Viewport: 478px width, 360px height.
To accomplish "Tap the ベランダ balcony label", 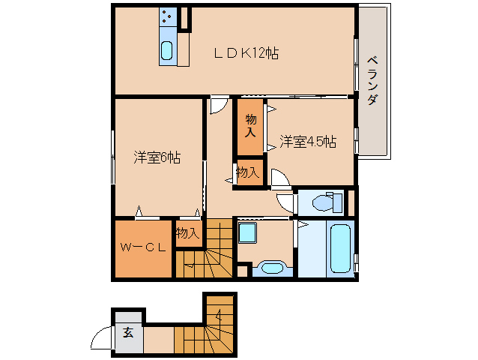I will [372, 80].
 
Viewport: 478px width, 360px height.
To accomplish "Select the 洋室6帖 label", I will [157, 157].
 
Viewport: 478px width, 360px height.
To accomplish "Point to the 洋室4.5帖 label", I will [308, 142].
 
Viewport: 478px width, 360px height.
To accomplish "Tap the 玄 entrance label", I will [128, 332].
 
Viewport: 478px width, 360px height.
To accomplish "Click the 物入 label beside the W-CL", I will [188, 233].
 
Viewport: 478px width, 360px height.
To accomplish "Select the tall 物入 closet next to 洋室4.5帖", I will [251, 127].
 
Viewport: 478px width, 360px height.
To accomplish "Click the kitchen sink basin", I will [167, 51].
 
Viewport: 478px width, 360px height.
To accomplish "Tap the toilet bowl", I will [324, 202].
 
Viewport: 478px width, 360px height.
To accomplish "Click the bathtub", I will [340, 248].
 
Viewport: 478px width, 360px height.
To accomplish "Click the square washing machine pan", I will [246, 233].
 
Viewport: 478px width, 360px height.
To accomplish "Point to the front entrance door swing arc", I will [100, 340].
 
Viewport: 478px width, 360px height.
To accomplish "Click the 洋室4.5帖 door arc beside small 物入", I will [280, 178].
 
